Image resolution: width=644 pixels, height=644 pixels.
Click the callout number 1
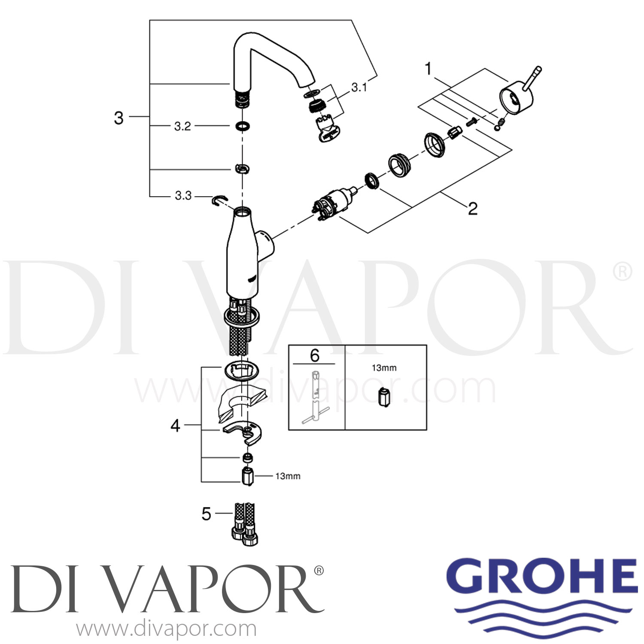point(428,69)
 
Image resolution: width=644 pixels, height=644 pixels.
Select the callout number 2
point(472,209)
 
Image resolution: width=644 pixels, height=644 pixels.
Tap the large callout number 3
point(119,118)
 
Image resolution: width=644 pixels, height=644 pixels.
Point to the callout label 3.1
point(359,88)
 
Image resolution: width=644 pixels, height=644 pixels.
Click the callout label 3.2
point(182,126)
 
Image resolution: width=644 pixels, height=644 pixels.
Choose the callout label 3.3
point(183,196)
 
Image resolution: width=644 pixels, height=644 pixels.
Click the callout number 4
point(175,426)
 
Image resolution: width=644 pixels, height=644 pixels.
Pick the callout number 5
point(207,514)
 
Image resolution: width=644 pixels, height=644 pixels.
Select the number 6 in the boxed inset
point(315,355)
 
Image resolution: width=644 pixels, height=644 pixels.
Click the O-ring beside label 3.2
point(243,126)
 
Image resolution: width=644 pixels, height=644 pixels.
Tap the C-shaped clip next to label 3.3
point(220,200)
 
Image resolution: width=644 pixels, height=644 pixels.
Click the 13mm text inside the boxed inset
point(384,368)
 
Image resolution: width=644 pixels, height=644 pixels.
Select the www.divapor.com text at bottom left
point(167,630)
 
